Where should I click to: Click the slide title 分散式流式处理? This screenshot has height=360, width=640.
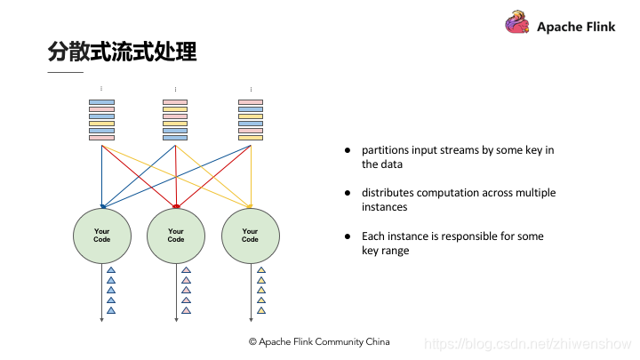tap(122, 51)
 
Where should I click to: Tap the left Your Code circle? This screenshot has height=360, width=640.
tap(101, 236)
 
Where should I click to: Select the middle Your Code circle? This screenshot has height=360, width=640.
tap(176, 236)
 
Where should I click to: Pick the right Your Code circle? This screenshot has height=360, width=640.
tap(250, 236)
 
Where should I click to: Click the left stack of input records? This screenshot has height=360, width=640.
tap(101, 120)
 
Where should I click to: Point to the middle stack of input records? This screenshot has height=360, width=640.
tap(175, 120)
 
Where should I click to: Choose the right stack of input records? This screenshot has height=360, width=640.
tap(251, 120)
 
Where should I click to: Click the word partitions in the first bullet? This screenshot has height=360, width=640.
tap(386, 150)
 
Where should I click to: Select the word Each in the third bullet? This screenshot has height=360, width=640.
tap(372, 236)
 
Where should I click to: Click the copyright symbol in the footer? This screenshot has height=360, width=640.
tap(252, 341)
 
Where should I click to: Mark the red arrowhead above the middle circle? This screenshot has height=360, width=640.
tap(176, 205)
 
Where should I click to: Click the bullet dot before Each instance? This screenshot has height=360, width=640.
tap(349, 236)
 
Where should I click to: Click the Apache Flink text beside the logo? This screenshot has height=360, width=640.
tap(576, 27)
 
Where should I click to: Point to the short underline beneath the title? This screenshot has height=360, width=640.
tap(65, 72)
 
